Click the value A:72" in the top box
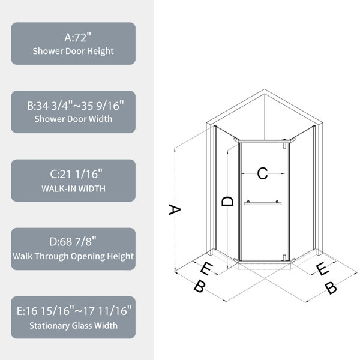coord(77,37)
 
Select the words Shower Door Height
coord(73,51)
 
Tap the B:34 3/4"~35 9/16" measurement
coord(76,106)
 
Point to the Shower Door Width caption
coord(73,119)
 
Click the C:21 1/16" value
coord(76,174)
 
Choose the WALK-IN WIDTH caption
coord(73,189)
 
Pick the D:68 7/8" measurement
coord(73,242)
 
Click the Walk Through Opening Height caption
coord(73,256)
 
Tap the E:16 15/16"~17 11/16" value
coord(74,311)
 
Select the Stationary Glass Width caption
coord(73,326)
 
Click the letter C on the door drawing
coord(262,173)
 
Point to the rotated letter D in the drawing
coord(227,202)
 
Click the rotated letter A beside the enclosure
coord(175,209)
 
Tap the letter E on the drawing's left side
coord(206,268)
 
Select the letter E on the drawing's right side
coord(323,269)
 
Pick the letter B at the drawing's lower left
coord(199,286)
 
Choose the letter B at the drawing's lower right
coord(331,288)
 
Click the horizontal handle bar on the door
coord(262,203)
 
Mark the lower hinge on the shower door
coord(284,257)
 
